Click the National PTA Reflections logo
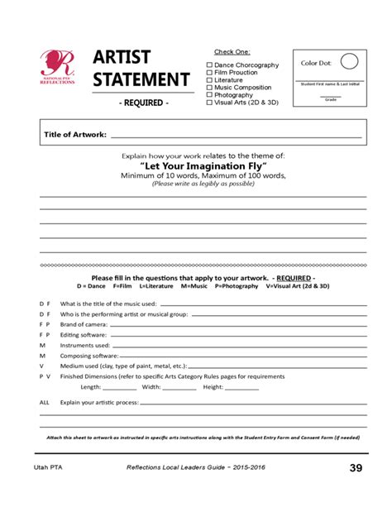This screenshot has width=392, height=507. (x=58, y=69)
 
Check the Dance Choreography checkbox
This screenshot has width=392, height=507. (x=209, y=65)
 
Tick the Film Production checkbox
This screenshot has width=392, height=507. (x=209, y=72)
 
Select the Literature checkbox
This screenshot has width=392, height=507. (x=209, y=79)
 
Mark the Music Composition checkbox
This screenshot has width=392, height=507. (x=209, y=87)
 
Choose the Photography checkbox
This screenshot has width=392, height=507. (x=209, y=95)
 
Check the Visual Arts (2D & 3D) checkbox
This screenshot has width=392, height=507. (x=209, y=103)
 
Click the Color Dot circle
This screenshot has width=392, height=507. (x=349, y=61)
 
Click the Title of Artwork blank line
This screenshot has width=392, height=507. (x=236, y=135)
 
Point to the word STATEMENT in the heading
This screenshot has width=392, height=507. (x=141, y=80)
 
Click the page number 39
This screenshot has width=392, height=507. (x=356, y=469)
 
